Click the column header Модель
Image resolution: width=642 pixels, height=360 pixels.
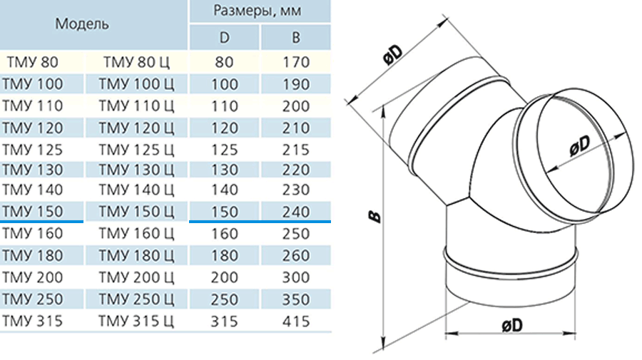coord(82,24)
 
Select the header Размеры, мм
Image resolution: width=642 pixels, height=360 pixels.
coord(257,11)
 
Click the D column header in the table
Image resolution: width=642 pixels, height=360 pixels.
coord(225,38)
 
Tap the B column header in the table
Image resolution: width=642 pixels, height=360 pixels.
coord(295,38)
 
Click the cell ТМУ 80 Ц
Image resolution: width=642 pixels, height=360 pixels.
coord(136,62)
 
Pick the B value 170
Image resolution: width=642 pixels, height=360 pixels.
coord(296,62)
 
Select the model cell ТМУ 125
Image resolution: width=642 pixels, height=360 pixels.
coord(32,150)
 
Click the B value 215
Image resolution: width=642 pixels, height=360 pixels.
coord(296,150)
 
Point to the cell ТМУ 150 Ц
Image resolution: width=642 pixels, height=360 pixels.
coord(136,212)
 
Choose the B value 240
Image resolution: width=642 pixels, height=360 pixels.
coord(296,212)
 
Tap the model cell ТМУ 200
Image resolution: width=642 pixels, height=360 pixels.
coord(32,277)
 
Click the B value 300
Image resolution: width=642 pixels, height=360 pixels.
coord(296,277)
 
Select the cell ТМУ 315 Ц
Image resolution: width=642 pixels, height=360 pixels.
coord(136,321)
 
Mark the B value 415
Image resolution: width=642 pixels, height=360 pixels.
coord(296,321)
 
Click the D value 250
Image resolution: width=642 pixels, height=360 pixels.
coord(225,299)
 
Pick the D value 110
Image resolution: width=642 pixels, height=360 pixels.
coord(225,106)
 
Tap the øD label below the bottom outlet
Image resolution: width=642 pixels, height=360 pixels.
coord(512,326)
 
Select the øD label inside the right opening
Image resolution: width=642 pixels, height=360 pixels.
coord(580,145)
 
